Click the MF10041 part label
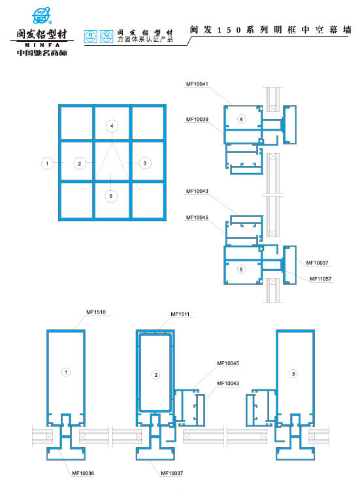[x=197, y=84]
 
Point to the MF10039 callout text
[x=197, y=120]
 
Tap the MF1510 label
[x=95, y=311]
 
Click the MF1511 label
[x=180, y=315]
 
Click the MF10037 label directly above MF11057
[x=316, y=263]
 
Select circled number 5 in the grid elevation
[x=112, y=195]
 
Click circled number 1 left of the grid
[x=46, y=163]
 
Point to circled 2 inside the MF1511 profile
[x=155, y=374]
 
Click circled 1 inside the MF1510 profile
[x=65, y=372]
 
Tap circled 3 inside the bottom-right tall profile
[x=294, y=373]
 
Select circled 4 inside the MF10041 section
[x=241, y=119]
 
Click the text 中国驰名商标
[x=37, y=52]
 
